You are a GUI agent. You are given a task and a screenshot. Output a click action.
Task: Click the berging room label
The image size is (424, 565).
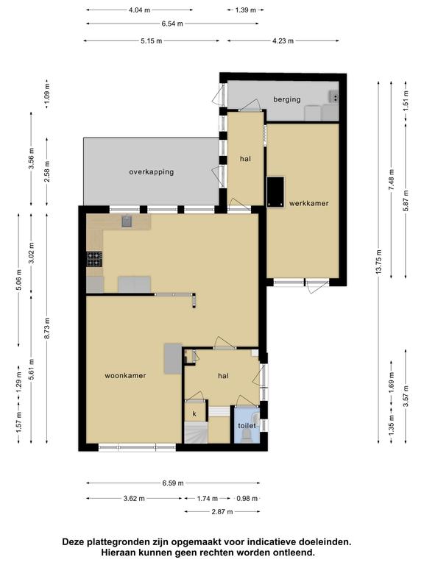pos(286,99)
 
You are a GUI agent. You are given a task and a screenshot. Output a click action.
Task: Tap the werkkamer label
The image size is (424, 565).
pos(308,203)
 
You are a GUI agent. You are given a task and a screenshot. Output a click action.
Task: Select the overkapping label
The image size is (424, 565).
pos(152,172)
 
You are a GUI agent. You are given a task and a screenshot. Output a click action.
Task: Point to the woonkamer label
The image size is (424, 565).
pos(125,375)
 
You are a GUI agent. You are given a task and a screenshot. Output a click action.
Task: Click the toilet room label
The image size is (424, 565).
pos(247,425)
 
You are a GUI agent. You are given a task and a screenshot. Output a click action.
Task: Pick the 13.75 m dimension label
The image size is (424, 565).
pos(378,262)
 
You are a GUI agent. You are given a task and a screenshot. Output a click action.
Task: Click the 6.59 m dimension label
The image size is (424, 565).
pos(173,483)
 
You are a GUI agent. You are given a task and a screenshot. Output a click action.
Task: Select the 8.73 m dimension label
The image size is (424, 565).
pos(47,329)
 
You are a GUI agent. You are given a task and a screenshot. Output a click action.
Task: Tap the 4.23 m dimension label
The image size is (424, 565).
pos(283,40)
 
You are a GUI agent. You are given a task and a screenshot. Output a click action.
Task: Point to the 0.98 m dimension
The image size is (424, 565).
pos(247,498)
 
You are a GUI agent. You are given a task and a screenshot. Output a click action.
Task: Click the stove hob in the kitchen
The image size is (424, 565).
pos(94,259)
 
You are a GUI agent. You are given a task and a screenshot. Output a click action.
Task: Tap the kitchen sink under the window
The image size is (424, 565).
pos(127,221)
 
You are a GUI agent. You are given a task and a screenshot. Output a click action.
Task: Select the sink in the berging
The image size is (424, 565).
pos(334,97)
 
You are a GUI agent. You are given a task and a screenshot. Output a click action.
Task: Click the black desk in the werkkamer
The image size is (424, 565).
pos(275,192)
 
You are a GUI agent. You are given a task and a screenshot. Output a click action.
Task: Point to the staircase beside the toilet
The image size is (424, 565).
pos(196,433)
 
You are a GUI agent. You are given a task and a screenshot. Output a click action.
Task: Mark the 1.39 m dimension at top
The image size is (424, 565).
pos(246,10)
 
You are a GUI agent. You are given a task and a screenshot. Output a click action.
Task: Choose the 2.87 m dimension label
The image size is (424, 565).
pos(222,511)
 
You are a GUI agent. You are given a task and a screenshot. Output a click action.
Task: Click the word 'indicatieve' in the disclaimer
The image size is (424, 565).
pos(267,541)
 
